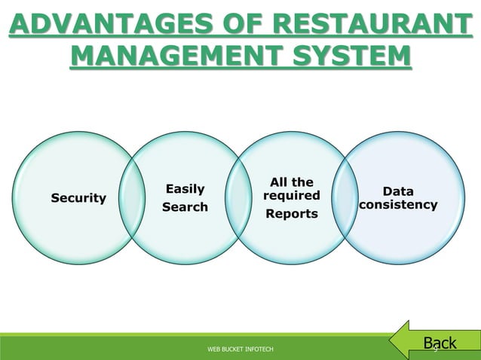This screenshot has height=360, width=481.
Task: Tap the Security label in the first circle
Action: point(78,198)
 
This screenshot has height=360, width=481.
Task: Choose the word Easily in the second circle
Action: point(185,189)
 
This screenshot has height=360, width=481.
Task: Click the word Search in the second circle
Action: point(185,207)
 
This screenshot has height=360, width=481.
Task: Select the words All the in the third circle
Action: point(291,182)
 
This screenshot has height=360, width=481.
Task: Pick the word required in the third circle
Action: point(291,196)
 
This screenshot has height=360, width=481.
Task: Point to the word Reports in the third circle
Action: point(291,215)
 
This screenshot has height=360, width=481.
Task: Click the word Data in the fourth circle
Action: point(398,192)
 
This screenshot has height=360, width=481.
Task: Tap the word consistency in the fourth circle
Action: point(398,205)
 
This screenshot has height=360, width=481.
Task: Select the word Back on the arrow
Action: point(440,344)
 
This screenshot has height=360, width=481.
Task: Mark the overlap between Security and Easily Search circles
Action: point(132,197)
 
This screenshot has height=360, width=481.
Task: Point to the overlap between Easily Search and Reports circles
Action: point(238,197)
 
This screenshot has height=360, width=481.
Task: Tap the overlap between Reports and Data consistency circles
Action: point(345,197)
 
